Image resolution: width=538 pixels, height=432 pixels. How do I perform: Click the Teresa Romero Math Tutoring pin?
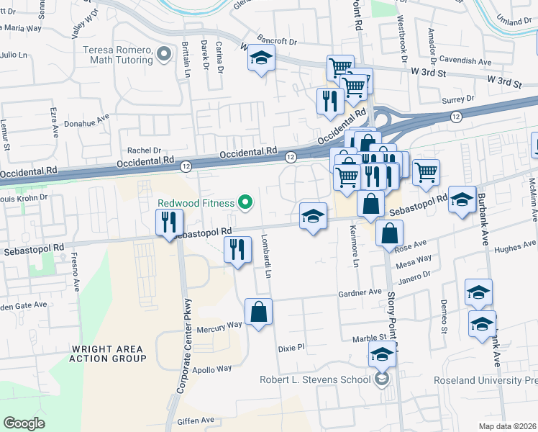click(x=165, y=53)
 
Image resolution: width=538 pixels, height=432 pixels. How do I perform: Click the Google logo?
click(x=24, y=423)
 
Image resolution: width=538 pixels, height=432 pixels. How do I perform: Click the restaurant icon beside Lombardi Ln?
click(x=237, y=251)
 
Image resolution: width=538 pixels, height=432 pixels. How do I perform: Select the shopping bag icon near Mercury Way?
click(x=258, y=312)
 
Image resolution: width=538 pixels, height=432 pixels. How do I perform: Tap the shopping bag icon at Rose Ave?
click(x=388, y=234)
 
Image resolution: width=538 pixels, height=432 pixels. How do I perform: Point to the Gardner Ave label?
click(x=360, y=293)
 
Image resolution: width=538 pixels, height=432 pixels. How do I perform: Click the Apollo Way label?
click(x=214, y=368)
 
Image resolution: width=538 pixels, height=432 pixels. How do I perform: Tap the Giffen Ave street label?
click(x=198, y=419)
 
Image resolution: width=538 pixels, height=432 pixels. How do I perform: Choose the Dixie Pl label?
click(x=291, y=347)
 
